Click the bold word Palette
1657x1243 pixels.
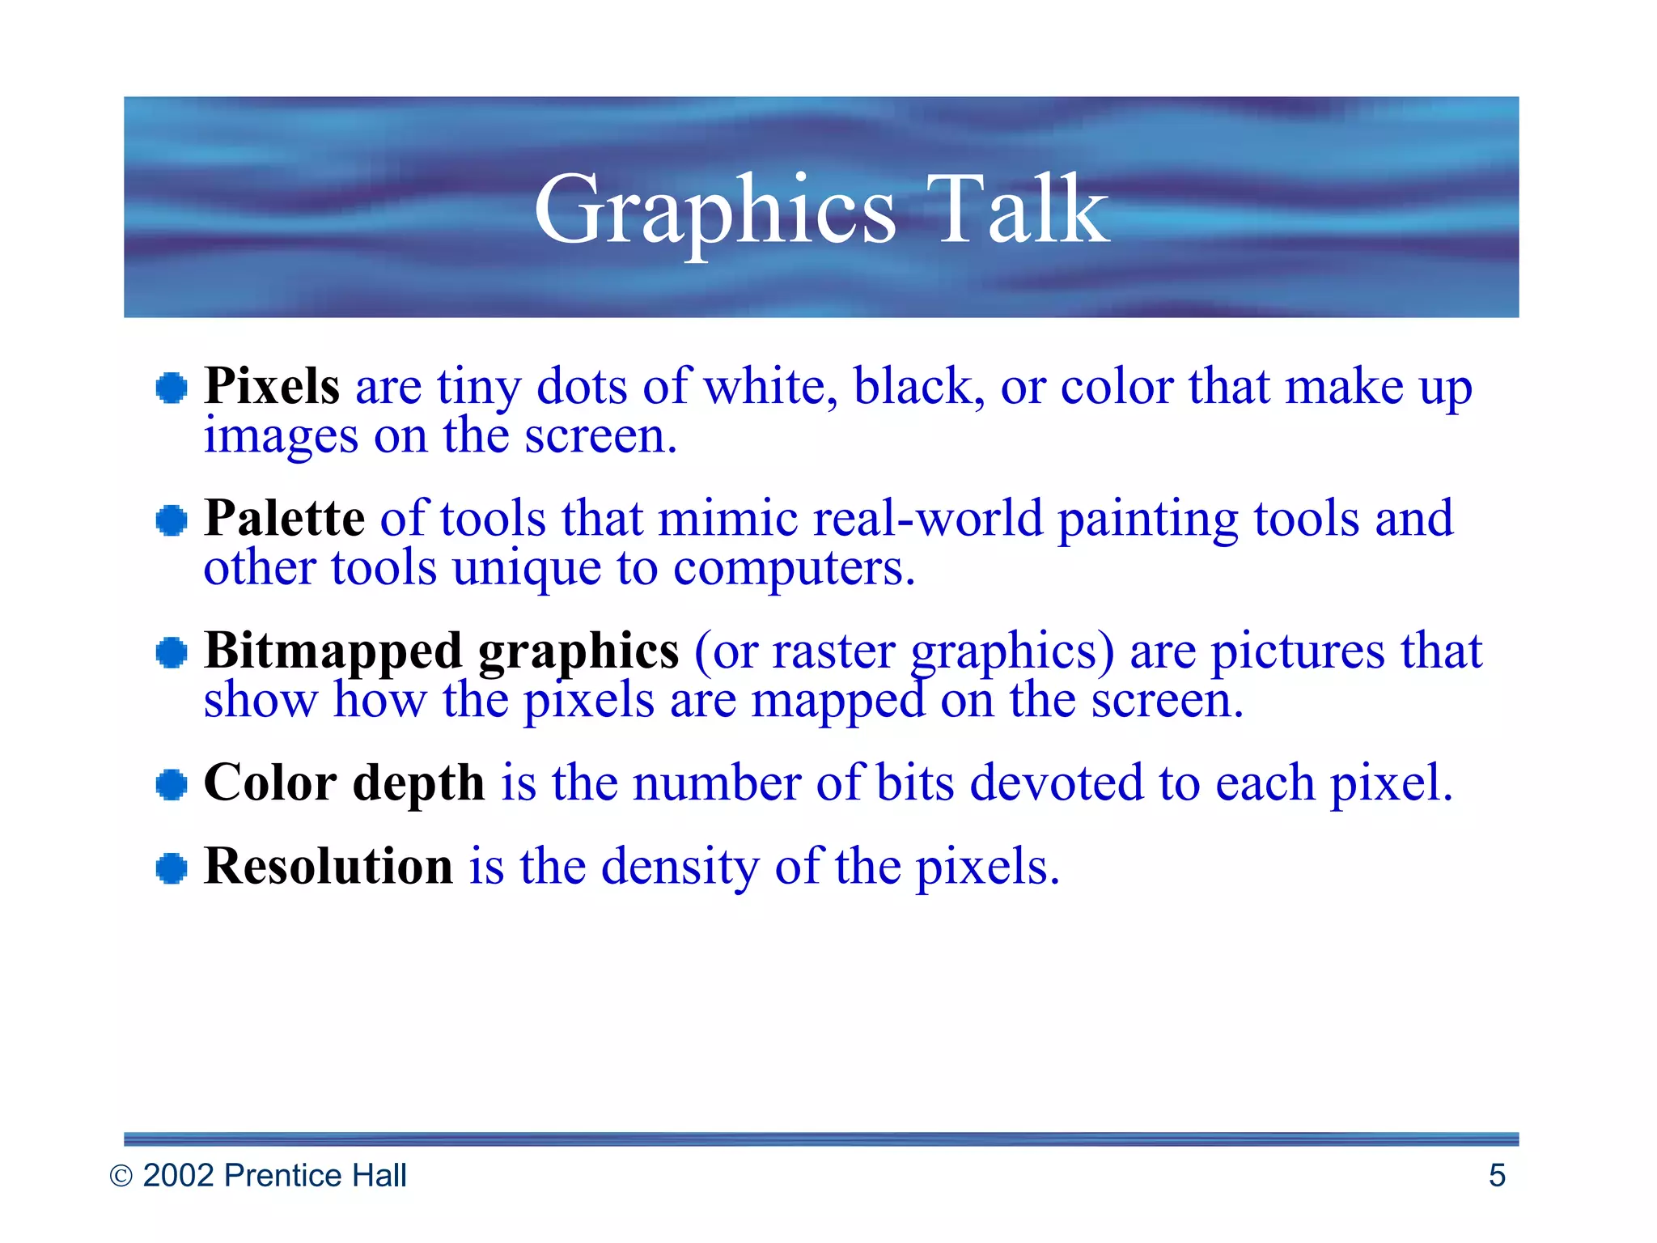(x=284, y=518)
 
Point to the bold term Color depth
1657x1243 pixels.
(x=344, y=783)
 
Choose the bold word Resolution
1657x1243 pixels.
(x=328, y=866)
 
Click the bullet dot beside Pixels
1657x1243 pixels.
(x=172, y=388)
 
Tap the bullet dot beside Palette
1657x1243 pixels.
(x=172, y=520)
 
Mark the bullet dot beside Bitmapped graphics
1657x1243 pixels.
(x=172, y=652)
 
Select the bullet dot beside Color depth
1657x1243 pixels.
(x=172, y=784)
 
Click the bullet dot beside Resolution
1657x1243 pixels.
(x=172, y=868)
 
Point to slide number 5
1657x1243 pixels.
(x=1497, y=1175)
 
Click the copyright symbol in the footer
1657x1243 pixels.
(x=121, y=1176)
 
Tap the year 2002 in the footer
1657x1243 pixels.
(x=179, y=1175)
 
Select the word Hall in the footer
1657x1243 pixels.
(x=376, y=1175)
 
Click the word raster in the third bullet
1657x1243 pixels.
(x=833, y=651)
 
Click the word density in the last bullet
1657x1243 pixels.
(x=680, y=867)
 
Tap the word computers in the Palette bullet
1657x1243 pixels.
(x=794, y=569)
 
